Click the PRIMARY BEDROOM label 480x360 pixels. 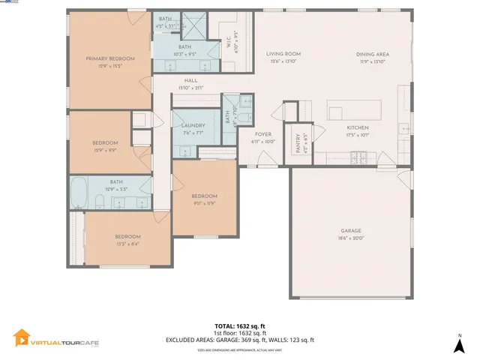point(110,58)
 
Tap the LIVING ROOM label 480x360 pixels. point(283,54)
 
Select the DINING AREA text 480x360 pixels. point(372,54)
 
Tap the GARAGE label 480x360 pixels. point(351,230)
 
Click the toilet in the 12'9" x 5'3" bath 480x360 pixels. point(100,201)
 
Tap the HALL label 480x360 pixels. point(190,81)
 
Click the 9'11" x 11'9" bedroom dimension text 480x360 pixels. point(204,202)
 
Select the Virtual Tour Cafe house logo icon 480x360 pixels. point(21,339)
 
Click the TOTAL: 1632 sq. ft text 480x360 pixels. point(239,325)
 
